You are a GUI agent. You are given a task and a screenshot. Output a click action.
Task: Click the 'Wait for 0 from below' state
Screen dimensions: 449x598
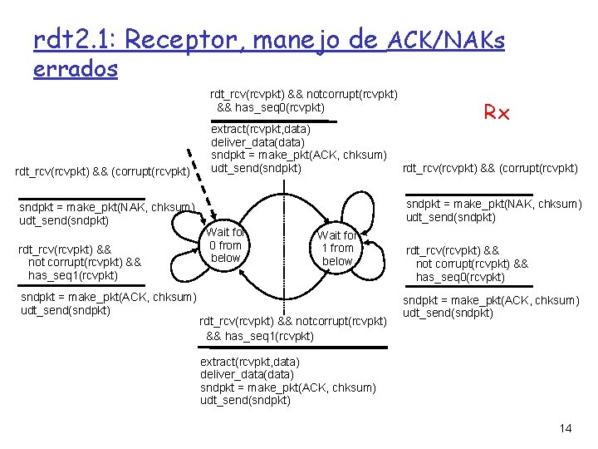click(225, 245)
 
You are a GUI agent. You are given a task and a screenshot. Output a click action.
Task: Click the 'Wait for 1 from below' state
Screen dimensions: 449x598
click(337, 249)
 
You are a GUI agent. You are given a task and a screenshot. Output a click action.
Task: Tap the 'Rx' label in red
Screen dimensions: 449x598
click(496, 113)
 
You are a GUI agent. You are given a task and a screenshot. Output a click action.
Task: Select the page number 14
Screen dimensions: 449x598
click(566, 428)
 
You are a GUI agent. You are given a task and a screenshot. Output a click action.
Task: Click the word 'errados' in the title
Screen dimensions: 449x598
click(76, 69)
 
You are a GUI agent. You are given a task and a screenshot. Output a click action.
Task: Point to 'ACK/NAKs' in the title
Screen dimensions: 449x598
click(446, 39)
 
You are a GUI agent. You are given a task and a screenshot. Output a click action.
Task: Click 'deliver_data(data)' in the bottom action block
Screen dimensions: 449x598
click(248, 374)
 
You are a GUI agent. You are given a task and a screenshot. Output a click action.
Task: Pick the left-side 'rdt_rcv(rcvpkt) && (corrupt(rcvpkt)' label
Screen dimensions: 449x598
click(104, 172)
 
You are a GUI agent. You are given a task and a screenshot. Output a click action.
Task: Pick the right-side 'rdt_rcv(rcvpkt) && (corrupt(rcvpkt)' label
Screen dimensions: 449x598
click(490, 169)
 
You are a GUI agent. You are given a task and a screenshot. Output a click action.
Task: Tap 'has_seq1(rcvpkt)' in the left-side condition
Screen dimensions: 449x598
click(73, 275)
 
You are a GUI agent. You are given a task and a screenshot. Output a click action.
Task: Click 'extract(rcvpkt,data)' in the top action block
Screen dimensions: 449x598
click(261, 130)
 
